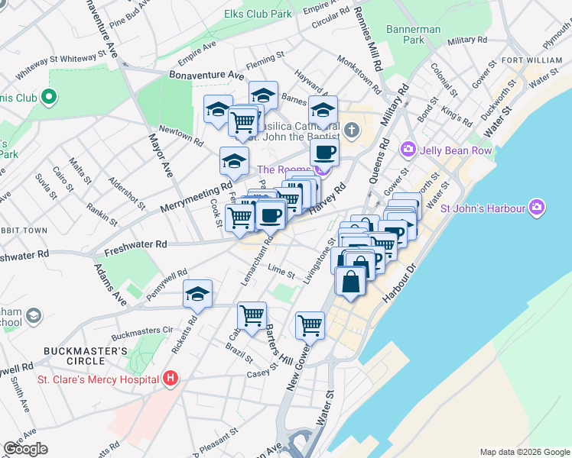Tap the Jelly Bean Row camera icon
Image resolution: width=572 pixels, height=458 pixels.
click(408, 149)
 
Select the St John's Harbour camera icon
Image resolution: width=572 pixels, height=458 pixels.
click(537, 207)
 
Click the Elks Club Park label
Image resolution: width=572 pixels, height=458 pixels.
click(258, 14)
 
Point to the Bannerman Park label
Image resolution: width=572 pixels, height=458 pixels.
click(414, 34)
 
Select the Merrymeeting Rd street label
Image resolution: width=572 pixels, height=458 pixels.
click(196, 197)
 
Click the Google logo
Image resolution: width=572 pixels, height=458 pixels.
click(25, 449)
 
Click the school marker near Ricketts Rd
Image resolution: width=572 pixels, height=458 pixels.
click(197, 293)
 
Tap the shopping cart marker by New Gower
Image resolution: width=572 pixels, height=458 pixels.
click(310, 324)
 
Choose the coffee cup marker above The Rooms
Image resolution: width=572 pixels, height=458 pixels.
click(324, 152)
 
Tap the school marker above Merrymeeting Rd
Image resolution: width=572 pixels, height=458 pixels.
click(233, 160)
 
